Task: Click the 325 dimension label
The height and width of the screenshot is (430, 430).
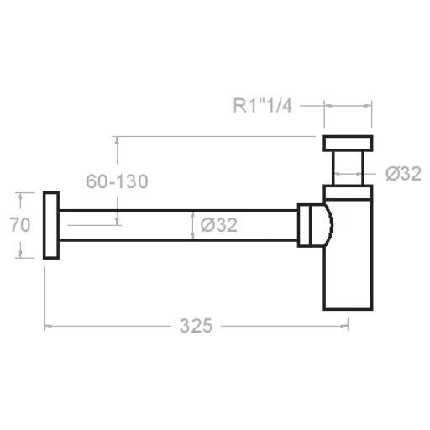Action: [195, 326]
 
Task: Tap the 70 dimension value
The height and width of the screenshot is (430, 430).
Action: [20, 225]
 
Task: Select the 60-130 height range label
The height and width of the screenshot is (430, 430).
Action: [117, 181]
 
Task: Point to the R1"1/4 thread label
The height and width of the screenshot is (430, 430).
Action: [262, 106]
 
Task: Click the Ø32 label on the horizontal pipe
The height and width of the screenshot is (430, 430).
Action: [220, 225]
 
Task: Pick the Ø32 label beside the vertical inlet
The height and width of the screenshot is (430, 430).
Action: [403, 174]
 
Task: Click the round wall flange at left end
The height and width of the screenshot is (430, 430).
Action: [50, 225]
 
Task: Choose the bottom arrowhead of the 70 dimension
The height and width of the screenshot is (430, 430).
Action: [18, 254]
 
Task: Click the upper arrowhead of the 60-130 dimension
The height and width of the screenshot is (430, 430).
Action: [118, 140]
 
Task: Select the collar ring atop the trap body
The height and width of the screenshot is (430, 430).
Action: [348, 192]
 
